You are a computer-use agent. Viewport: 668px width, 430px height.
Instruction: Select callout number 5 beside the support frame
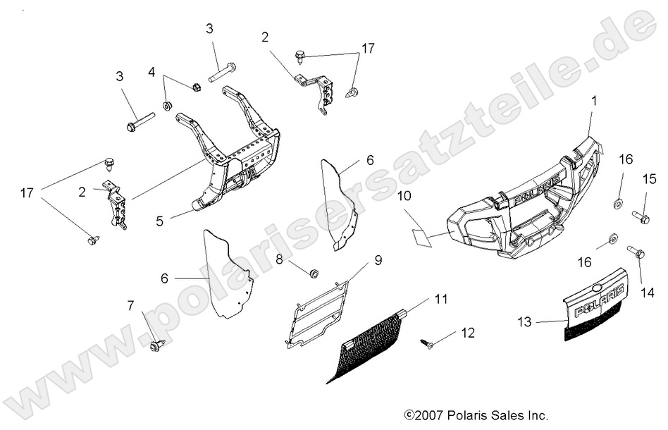(161, 221)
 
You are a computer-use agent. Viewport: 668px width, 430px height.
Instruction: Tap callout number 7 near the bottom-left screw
(130, 305)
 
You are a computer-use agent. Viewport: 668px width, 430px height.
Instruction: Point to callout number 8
(280, 259)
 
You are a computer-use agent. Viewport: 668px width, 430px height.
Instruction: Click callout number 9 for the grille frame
(378, 261)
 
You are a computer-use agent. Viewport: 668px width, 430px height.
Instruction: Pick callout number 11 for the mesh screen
(440, 300)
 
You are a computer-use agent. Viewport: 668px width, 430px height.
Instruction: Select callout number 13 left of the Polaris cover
(524, 322)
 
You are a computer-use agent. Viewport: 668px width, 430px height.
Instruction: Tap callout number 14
(643, 290)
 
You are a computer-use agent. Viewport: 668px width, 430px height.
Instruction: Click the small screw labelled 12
(426, 343)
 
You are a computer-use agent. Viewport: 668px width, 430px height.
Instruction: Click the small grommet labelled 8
(314, 273)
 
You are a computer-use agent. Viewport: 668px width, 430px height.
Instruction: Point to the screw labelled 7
(156, 345)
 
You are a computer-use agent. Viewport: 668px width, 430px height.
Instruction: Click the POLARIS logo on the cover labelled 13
(598, 300)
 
